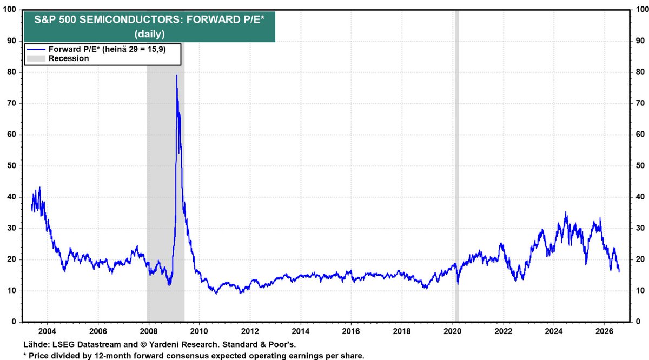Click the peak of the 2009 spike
pos(176,75)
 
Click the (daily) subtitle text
pos(149,34)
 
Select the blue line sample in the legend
pos(36,50)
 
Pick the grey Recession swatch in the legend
pos(36,58)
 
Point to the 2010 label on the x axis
pos(200,331)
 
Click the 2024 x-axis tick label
pos(554,331)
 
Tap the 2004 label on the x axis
pos(48,331)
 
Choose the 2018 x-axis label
pos(402,331)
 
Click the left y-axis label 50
pos(11,166)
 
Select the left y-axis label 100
pos(10,10)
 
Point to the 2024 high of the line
pos(566,212)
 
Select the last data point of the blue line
pos(619,272)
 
